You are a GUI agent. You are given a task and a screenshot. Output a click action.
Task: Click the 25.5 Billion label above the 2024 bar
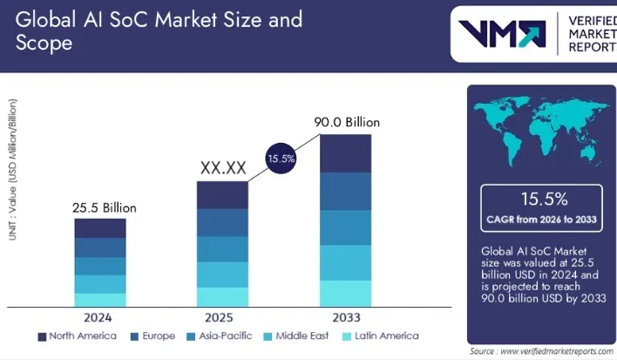104,208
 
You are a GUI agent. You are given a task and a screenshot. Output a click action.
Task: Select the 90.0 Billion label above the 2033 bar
345,122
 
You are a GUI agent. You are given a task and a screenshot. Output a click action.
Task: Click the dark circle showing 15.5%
281,159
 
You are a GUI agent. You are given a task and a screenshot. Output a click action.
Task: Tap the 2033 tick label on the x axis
346,316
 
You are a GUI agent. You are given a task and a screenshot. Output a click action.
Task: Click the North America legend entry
78,336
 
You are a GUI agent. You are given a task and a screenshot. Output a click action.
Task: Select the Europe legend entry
152,336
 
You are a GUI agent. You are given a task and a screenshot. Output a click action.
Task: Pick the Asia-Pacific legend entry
221,336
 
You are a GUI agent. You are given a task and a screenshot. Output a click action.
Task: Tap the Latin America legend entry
378,336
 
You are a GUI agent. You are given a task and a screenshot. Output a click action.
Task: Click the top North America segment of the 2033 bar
346,153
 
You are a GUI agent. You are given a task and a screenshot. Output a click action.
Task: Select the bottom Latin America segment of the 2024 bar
100,300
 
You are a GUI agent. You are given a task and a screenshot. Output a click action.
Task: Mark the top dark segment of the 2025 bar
222,195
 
